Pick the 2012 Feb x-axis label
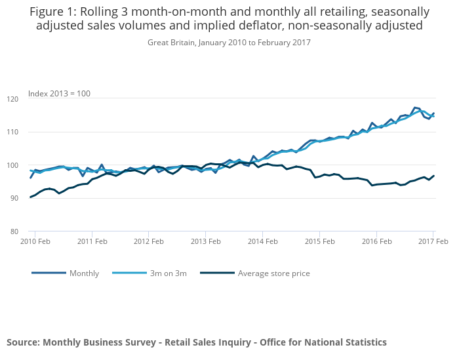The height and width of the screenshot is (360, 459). pos(148,241)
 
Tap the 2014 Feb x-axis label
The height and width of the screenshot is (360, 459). pos(263,241)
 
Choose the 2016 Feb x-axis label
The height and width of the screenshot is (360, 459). pos(376,241)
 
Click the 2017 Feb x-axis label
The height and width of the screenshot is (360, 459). pos(433,241)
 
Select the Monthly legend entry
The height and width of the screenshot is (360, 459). pos(84,273)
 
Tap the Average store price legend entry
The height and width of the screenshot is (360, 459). pos(273,273)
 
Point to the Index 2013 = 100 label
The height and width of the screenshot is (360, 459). pos(59,94)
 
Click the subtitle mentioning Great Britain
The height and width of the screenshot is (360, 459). pos(229,43)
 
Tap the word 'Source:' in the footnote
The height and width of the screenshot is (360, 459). pos(23,342)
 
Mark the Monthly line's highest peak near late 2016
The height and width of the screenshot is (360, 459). pos(414,107)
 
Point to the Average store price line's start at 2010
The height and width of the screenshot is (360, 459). pos(30,197)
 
